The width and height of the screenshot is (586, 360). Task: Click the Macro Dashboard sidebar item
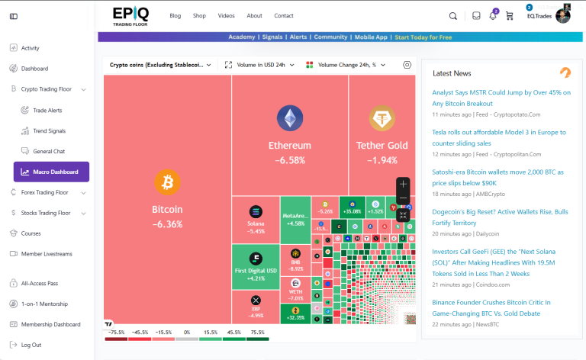coord(51,172)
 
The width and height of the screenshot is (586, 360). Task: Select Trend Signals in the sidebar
coord(49,130)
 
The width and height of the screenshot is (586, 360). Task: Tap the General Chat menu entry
coord(49,151)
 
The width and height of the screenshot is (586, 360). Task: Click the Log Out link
coord(31,345)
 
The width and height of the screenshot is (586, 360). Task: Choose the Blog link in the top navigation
coord(175,15)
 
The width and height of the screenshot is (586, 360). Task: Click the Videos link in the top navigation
coord(226,15)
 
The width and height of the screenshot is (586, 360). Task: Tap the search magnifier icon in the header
coord(452,15)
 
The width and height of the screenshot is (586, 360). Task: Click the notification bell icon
coord(493,15)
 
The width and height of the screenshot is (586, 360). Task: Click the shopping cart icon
coord(509,15)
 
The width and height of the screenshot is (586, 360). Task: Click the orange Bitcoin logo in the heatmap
coord(167,182)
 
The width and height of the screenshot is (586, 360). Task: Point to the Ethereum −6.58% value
coord(289,160)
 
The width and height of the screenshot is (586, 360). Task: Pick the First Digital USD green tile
coord(256,266)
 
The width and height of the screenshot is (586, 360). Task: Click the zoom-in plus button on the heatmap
coord(404,184)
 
